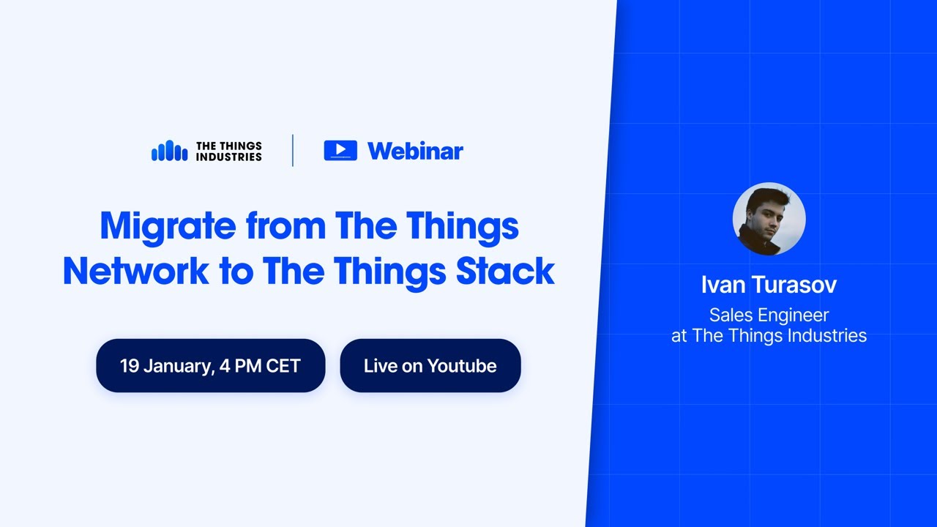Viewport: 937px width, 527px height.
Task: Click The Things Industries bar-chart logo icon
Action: coord(169,151)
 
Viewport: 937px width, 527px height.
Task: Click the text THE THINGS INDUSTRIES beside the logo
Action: coord(228,151)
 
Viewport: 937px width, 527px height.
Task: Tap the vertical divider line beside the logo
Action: coord(293,151)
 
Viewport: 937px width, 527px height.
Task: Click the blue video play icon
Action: coord(340,150)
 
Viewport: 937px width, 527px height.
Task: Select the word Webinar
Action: coord(415,151)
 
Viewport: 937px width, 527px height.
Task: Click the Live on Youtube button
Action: coord(430,365)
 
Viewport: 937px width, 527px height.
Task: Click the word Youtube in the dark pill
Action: coord(462,365)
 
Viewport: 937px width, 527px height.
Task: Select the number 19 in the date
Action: coord(130,365)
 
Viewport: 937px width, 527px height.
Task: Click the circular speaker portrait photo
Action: coord(769,219)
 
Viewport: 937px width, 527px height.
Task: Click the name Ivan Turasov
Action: coord(769,285)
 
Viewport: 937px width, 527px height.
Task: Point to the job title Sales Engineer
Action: coord(769,315)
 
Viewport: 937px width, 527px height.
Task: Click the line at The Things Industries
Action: coord(769,336)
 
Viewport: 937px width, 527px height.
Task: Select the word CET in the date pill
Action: coord(283,365)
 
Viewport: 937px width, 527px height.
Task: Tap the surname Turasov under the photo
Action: coord(796,285)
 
